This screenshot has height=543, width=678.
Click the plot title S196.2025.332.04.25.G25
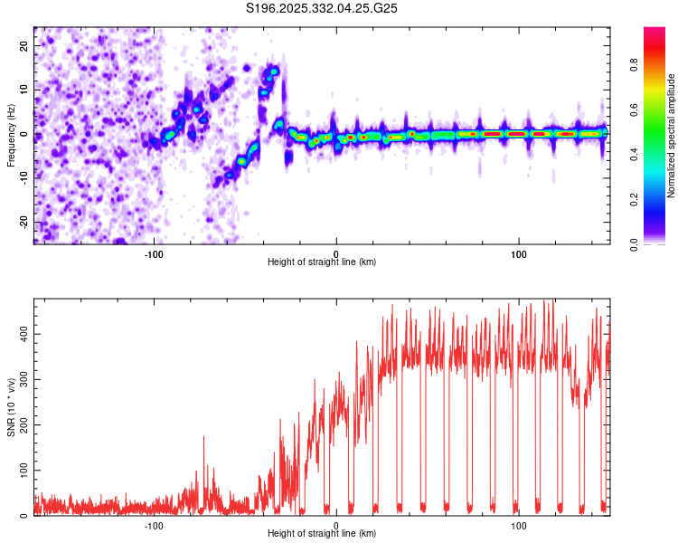click(x=323, y=9)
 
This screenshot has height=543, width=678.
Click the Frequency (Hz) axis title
click(x=11, y=136)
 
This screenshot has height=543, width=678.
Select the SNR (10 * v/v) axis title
click(x=11, y=407)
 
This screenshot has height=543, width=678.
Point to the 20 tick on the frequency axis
click(x=24, y=45)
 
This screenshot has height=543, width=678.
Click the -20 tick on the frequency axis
click(x=23, y=222)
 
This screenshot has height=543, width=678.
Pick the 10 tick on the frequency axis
click(x=24, y=90)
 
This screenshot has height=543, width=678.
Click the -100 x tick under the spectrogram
click(x=154, y=253)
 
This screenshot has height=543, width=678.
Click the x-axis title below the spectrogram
click(x=322, y=262)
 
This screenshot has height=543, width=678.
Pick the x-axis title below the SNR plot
click(x=322, y=534)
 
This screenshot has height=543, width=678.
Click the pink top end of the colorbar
click(x=654, y=32)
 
